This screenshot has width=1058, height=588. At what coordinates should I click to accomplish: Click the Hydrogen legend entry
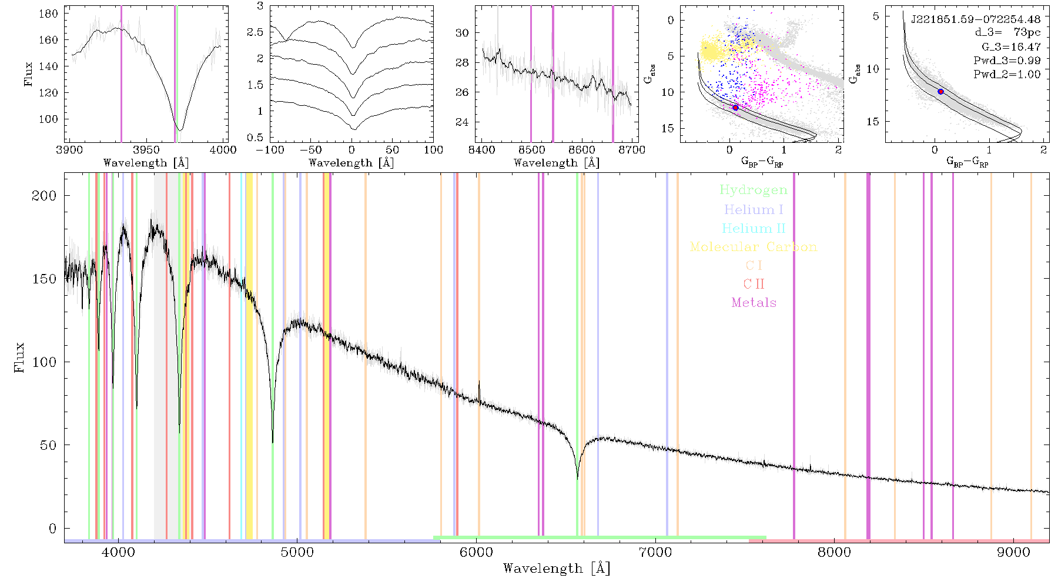754,191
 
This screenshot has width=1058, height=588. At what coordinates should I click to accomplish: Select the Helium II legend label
754,228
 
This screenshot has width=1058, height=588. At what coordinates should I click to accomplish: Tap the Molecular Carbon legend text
754,247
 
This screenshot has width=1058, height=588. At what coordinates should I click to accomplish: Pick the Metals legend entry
754,303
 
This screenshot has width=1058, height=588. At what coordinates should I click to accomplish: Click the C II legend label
754,284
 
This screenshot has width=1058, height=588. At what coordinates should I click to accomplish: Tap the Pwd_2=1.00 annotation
1007,74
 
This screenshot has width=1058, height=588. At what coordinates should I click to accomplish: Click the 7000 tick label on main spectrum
655,552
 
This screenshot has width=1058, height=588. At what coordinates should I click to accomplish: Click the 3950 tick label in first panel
146,149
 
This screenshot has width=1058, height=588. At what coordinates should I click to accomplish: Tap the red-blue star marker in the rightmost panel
941,92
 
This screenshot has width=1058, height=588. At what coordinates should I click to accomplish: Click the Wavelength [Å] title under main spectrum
557,569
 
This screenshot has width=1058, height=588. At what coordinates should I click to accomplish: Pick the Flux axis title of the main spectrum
19,357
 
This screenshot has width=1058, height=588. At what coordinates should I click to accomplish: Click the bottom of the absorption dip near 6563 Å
577,479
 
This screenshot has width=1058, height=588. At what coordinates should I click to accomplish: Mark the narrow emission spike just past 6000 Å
479,390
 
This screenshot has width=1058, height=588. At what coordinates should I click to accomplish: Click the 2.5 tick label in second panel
255,32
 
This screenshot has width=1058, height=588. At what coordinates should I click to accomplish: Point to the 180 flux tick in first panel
48,14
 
